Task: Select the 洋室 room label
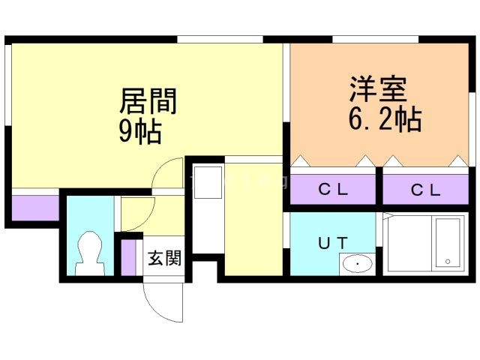click(x=378, y=89)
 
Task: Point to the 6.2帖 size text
click(x=383, y=119)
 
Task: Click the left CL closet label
click(x=333, y=190)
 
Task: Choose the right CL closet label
click(x=427, y=190)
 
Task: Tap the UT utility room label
click(x=331, y=243)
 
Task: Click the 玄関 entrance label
click(x=163, y=259)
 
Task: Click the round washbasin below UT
click(x=358, y=263)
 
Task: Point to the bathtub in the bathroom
click(x=448, y=242)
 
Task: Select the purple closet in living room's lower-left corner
click(x=34, y=206)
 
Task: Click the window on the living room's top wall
click(x=220, y=39)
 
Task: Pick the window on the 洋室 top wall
click(x=374, y=39)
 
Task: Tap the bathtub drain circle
click(x=448, y=261)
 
